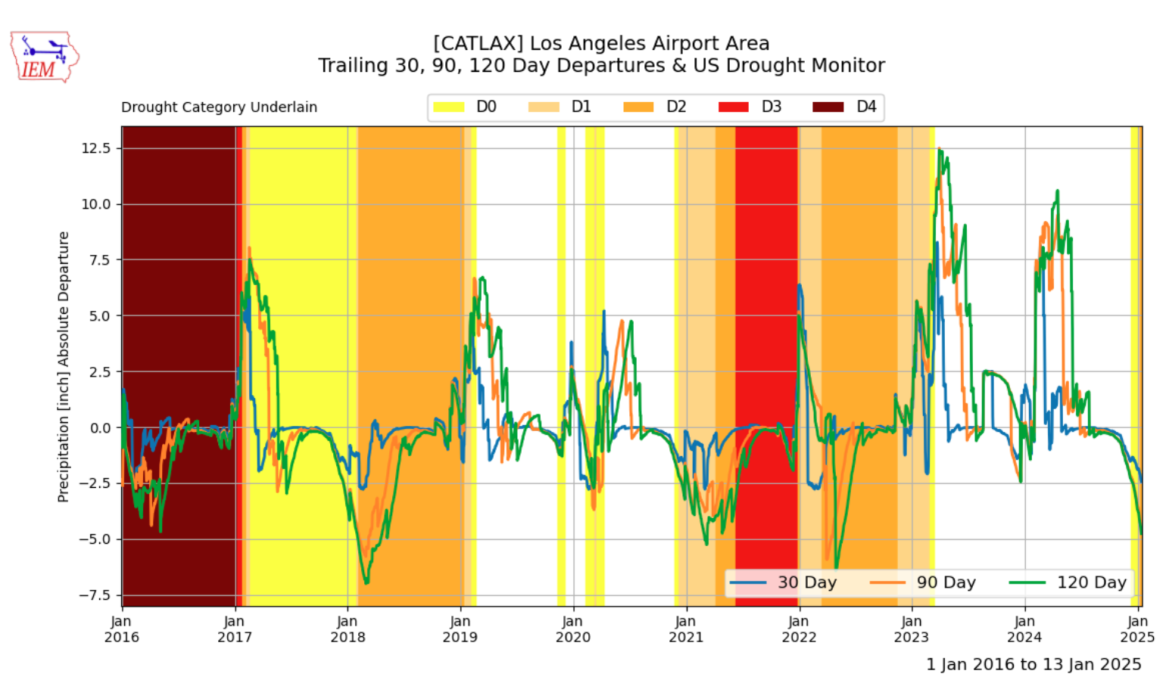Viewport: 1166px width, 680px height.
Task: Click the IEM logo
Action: point(44,57)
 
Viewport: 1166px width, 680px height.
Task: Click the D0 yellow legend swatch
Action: point(448,107)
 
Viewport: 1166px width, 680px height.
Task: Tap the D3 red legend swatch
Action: point(733,107)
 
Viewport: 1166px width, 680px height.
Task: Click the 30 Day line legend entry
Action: point(783,582)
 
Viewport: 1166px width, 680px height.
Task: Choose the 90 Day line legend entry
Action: point(923,582)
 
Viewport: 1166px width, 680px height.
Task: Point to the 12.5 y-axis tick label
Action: point(96,148)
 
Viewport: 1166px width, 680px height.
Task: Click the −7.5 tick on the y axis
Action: point(95,595)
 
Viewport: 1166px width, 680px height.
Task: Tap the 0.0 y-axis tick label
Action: point(100,428)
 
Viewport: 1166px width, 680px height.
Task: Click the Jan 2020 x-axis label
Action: point(573,629)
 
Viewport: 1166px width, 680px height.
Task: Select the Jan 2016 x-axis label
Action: point(122,629)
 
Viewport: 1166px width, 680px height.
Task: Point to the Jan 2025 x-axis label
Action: point(1137,629)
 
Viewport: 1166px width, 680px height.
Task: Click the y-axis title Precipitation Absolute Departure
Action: point(64,367)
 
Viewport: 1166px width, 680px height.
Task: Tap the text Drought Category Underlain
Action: point(219,107)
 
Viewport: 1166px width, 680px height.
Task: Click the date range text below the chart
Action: point(1033,665)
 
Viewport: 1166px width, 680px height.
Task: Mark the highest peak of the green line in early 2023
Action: point(940,150)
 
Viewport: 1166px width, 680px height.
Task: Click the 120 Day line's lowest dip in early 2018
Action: point(366,583)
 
